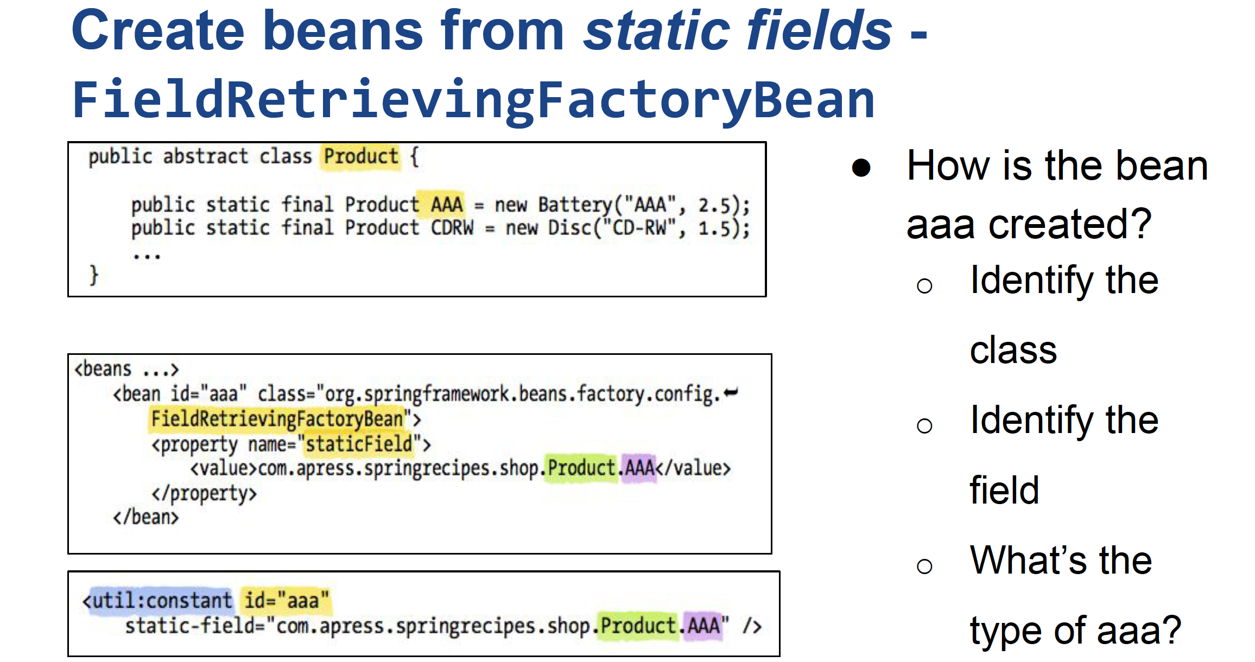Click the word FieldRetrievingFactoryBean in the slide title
click(x=473, y=100)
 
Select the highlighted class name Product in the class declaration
click(x=361, y=157)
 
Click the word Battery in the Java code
click(x=575, y=205)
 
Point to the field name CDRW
click(x=452, y=227)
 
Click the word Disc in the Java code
click(x=569, y=227)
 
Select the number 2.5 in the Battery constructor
click(x=715, y=206)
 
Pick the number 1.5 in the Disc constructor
click(x=715, y=228)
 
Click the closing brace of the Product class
click(x=94, y=275)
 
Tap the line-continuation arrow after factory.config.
click(x=731, y=392)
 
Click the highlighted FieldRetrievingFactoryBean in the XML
click(x=277, y=419)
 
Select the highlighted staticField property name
click(x=359, y=444)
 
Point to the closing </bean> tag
click(x=145, y=517)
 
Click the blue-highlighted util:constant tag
click(x=157, y=601)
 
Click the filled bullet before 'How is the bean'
click(x=861, y=168)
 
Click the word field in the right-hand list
click(x=1004, y=490)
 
